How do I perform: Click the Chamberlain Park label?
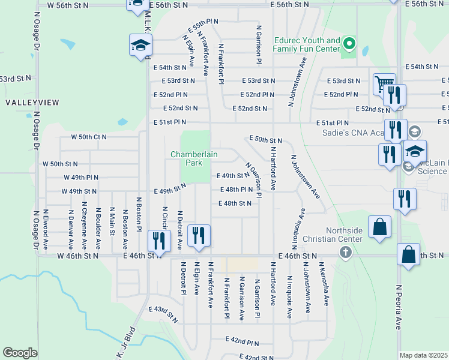pyautogui.click(x=194, y=158)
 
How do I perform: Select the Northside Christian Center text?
pyautogui.click(x=344, y=235)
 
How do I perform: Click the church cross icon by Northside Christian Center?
pyautogui.click(x=345, y=252)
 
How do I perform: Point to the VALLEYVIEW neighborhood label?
pyautogui.click(x=32, y=103)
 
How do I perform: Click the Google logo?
pyautogui.click(x=19, y=353)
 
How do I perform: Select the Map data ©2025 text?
pyautogui.click(x=423, y=355)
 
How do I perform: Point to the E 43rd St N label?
pyautogui.click(x=164, y=314)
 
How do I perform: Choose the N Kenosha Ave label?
pyautogui.click(x=328, y=284)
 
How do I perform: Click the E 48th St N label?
pyautogui.click(x=235, y=203)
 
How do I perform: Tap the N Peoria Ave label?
pyautogui.click(x=398, y=307)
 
